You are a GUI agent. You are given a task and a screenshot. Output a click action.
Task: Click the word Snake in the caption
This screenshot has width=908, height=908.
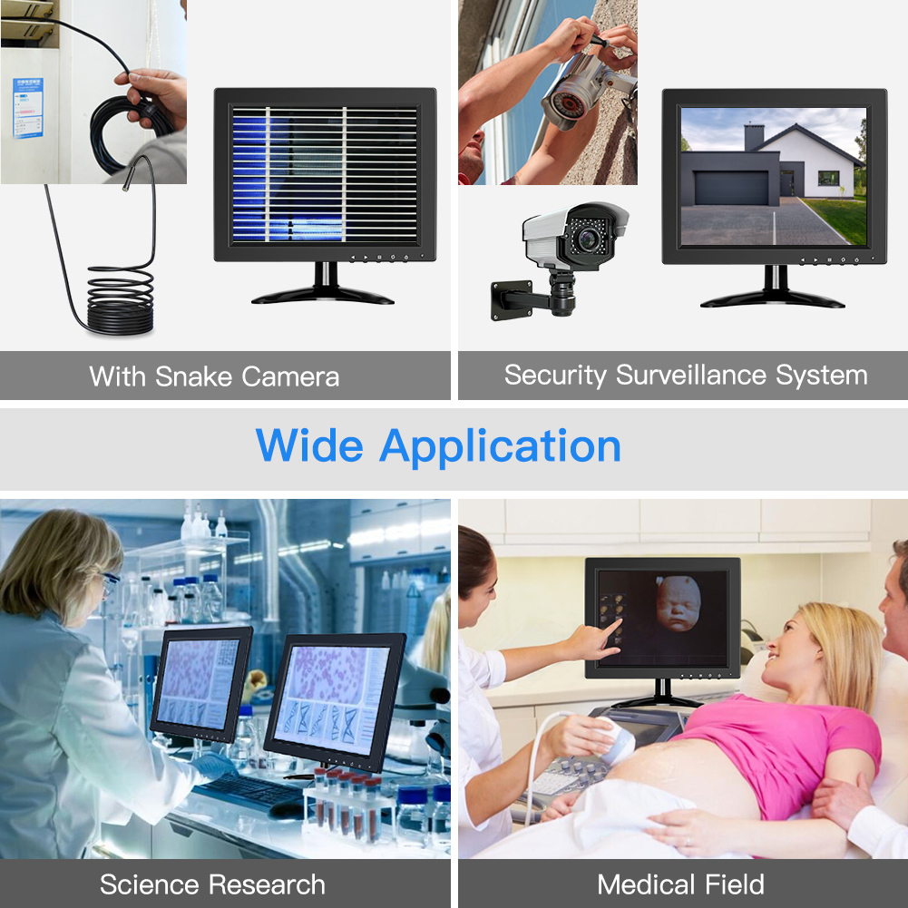(x=193, y=376)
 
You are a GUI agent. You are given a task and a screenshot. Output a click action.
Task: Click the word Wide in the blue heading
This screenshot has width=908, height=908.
(x=309, y=445)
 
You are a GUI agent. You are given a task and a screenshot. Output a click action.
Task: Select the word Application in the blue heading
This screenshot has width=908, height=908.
(x=500, y=447)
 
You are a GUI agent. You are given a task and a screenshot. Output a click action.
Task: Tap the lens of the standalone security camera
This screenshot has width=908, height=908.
(x=589, y=238)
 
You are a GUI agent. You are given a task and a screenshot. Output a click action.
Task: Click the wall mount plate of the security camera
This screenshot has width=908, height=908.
(x=512, y=300)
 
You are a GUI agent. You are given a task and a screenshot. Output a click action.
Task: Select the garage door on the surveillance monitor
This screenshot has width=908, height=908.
(x=731, y=188)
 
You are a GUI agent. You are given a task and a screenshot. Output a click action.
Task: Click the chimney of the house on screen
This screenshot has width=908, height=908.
(x=754, y=137)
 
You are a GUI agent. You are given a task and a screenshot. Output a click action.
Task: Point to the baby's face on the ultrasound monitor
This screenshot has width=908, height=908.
(x=679, y=603)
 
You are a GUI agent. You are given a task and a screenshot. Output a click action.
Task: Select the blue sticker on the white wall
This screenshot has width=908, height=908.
(x=28, y=108)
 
